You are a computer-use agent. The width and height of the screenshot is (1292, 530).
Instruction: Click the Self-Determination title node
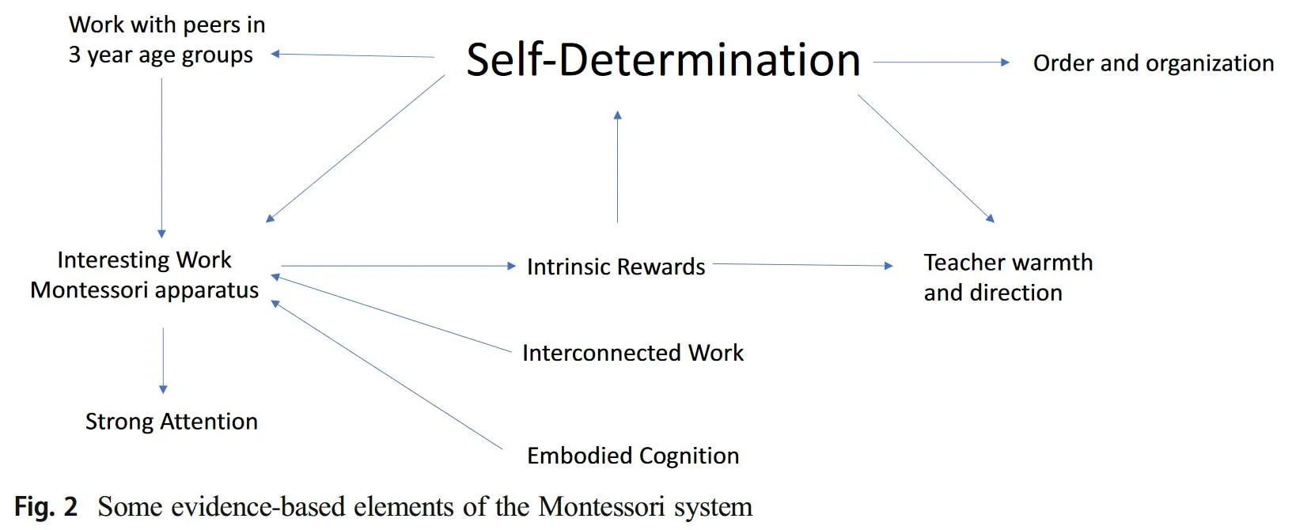(x=663, y=60)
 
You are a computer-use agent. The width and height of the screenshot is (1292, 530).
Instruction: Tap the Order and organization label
(x=1153, y=63)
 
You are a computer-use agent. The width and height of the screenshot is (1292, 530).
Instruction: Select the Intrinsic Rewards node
(x=616, y=267)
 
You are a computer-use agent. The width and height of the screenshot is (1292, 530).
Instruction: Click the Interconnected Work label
(x=633, y=353)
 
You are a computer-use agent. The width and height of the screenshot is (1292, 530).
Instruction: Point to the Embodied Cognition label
(x=633, y=456)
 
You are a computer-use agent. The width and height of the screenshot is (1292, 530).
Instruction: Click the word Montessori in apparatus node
(x=88, y=290)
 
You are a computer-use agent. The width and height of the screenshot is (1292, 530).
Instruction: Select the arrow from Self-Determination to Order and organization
(x=942, y=62)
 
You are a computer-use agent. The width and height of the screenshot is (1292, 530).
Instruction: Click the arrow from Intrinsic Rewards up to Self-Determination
(x=618, y=167)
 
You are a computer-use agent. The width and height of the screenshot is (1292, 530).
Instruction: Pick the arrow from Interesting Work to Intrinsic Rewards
(x=399, y=266)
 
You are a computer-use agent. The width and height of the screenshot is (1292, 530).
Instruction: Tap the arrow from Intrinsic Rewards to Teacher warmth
(x=803, y=265)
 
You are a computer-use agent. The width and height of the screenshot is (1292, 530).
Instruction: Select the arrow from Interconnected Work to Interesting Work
(x=391, y=313)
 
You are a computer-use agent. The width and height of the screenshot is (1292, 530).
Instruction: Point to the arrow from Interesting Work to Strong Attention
(x=163, y=361)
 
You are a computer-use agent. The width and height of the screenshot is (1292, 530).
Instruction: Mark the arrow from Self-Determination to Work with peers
(x=352, y=55)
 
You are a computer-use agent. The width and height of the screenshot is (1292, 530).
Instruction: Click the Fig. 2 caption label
(x=46, y=507)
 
